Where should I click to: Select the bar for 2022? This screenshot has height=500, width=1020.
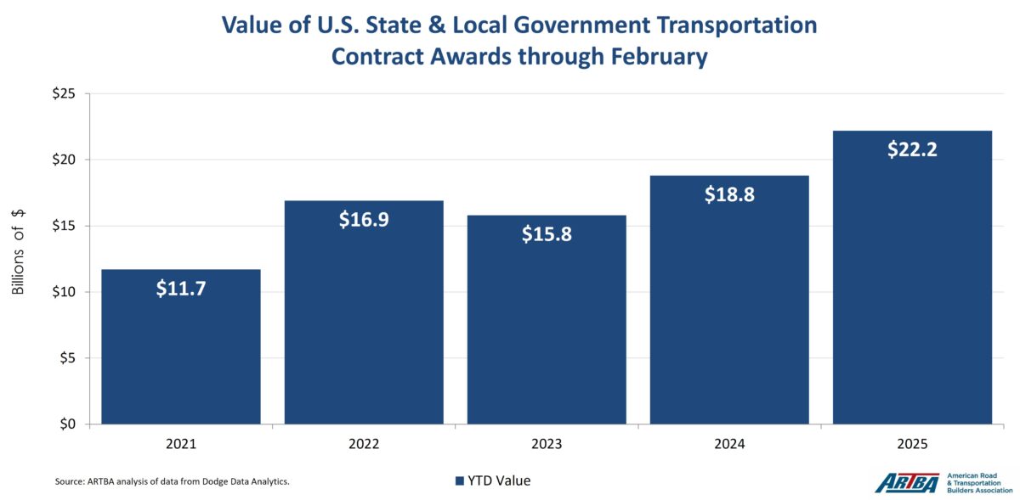364,323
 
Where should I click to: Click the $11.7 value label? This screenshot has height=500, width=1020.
181,289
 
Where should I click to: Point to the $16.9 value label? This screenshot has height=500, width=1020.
364,220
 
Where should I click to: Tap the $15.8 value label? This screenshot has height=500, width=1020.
547,234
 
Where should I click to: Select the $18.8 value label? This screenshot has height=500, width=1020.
729,194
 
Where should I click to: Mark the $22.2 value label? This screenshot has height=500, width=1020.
912,149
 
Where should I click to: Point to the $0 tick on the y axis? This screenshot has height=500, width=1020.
68,424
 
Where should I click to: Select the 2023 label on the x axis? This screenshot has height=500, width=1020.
547,444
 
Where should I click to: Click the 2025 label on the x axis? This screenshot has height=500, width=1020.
912,444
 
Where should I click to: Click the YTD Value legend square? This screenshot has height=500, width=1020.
460,481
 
